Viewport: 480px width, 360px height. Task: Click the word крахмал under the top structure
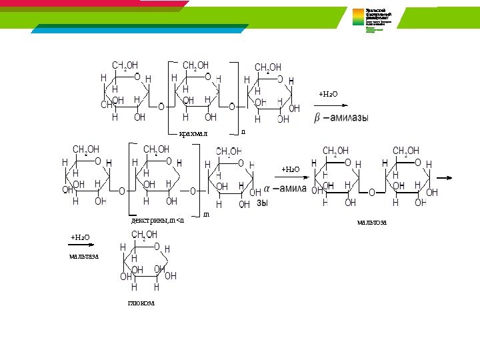coord(193,134)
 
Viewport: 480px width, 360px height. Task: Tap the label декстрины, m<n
coord(157,219)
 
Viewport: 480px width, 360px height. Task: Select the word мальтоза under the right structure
coord(371,221)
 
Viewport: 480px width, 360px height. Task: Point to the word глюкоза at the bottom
coord(141,303)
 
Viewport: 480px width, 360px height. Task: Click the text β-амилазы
coord(341,118)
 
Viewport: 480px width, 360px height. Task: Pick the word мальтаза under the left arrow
coord(84,255)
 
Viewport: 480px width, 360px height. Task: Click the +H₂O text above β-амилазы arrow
coord(328,94)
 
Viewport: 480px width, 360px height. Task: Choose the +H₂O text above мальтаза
coord(80,237)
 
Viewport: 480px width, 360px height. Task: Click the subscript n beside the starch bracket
coord(243,131)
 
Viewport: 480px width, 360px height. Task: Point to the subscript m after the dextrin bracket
coord(206,214)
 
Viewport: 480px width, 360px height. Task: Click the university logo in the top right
coord(377,21)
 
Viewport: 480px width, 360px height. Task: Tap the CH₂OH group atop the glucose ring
coord(145,234)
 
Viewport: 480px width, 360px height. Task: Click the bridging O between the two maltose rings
coord(372,192)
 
